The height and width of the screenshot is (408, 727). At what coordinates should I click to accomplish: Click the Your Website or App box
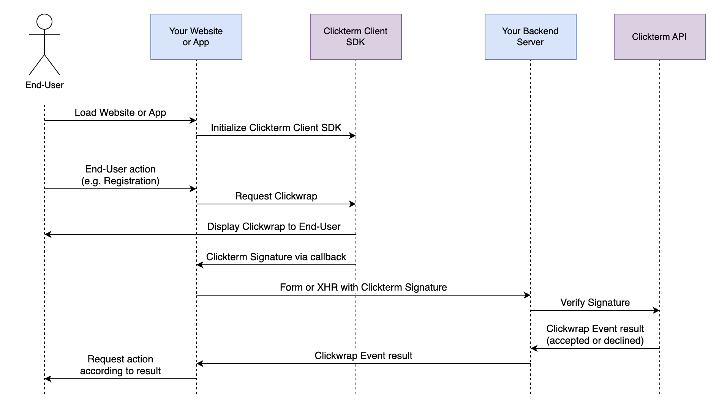coord(196,37)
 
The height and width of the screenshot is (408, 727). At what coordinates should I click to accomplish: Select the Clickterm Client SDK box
coord(356,37)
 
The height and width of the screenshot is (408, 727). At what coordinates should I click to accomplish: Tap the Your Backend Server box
coord(530,37)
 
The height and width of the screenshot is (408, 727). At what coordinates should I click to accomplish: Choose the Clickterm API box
coord(659,37)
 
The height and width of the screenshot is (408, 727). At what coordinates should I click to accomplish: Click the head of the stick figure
coord(44,22)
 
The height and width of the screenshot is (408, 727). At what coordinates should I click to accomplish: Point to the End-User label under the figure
coord(44,85)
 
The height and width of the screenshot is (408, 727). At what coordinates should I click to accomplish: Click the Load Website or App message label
coord(120,113)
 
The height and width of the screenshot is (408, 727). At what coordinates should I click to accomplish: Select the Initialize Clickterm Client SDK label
coord(276,128)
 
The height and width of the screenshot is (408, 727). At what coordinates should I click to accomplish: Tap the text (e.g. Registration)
coord(120,181)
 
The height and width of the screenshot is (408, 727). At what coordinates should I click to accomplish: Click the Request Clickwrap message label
coord(276,196)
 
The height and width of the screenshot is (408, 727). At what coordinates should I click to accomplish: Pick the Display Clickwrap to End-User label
coord(274,227)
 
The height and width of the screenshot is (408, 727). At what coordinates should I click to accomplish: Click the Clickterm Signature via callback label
coord(276,257)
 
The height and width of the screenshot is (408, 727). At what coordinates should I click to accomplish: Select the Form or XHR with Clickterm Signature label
coord(363,288)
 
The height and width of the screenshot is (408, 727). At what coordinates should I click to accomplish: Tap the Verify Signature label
coord(595,303)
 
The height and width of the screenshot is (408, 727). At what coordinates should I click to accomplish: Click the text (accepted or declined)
coord(595,341)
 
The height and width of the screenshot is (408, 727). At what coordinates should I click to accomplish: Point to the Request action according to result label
coord(120,365)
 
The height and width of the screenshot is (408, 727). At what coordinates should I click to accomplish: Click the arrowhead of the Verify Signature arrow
coord(656,310)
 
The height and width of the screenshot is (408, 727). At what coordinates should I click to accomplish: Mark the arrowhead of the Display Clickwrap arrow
coord(48,234)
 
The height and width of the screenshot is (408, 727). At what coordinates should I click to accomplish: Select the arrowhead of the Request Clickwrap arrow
coord(352,204)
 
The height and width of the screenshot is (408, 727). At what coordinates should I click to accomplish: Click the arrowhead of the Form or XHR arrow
coord(527,295)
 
